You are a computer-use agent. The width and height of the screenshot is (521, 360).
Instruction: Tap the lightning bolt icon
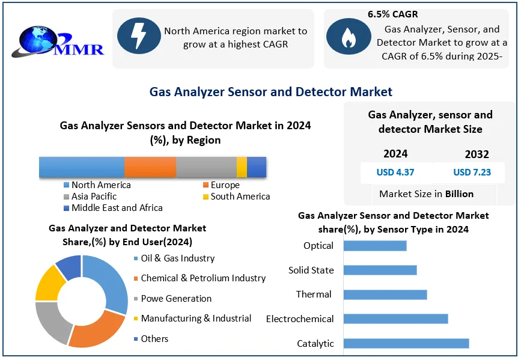tap(138, 36)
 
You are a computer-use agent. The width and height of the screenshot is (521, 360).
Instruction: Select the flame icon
tap(348, 37)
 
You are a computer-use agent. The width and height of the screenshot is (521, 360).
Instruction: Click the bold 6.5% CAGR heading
tap(392, 14)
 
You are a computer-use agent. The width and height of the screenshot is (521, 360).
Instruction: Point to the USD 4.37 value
tap(395, 172)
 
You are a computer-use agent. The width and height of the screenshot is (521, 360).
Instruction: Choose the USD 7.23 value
tap(472, 172)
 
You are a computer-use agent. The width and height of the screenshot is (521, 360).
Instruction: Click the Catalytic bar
tap(406, 343)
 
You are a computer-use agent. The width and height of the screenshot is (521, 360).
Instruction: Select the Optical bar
tap(374, 245)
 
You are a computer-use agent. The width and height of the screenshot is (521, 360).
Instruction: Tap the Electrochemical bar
tap(395, 319)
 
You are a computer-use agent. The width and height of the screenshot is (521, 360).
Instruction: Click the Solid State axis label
tap(311, 270)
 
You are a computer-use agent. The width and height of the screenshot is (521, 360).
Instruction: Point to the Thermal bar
tap(385, 294)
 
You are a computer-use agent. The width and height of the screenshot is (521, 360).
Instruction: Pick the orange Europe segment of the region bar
tap(150, 166)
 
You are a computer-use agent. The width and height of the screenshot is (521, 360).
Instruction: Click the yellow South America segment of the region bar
tap(242, 166)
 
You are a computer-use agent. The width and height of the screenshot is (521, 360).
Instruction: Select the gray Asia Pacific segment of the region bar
tap(206, 166)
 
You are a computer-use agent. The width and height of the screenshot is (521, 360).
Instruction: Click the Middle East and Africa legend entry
tap(117, 208)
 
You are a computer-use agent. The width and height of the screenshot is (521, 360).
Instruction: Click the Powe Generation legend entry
tap(175, 299)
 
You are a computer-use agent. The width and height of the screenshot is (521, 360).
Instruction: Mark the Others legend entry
tap(154, 339)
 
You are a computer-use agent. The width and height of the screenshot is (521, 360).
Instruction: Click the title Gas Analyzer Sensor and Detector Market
tap(270, 92)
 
